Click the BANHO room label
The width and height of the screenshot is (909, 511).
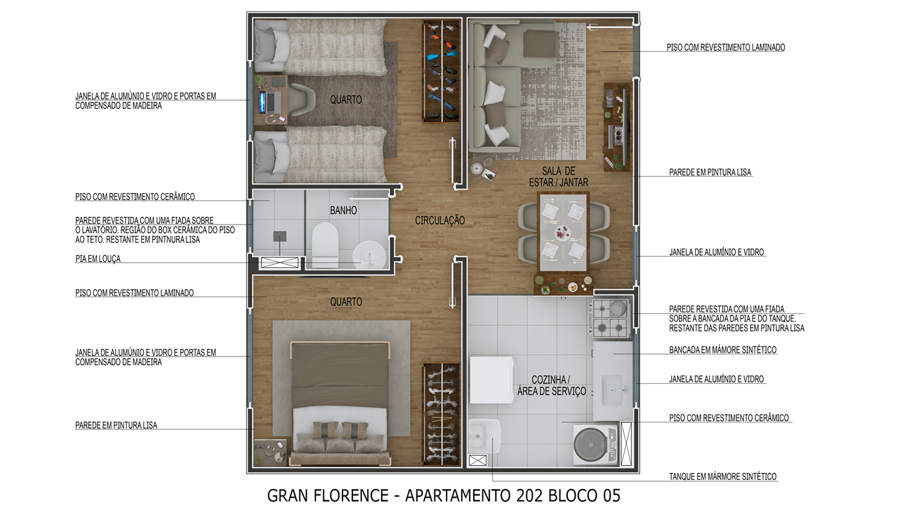[x=343, y=211]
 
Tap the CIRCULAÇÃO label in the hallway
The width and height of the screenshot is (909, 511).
[x=440, y=221]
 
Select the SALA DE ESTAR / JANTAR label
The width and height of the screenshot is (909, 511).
[x=558, y=177]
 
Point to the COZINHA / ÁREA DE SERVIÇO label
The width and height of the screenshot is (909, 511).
[x=552, y=386]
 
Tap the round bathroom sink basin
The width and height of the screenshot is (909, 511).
[x=369, y=255]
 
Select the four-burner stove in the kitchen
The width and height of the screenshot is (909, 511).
[x=610, y=318]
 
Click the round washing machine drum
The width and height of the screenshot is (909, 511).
[x=591, y=445]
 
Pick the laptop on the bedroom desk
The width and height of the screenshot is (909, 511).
[x=271, y=101]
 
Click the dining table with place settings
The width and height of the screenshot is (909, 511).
[x=563, y=233]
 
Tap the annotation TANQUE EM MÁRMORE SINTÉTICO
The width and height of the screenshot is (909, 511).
[x=723, y=476]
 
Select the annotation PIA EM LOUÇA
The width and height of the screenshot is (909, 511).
[x=98, y=258]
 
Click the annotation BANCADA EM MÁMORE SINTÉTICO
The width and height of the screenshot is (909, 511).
[x=723, y=350]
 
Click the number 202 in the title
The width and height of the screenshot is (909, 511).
[x=530, y=496]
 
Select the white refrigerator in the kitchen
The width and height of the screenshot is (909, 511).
[x=492, y=380]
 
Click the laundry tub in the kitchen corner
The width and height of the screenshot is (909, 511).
[x=484, y=436]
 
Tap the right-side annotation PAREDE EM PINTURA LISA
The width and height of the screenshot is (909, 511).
[x=710, y=173]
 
